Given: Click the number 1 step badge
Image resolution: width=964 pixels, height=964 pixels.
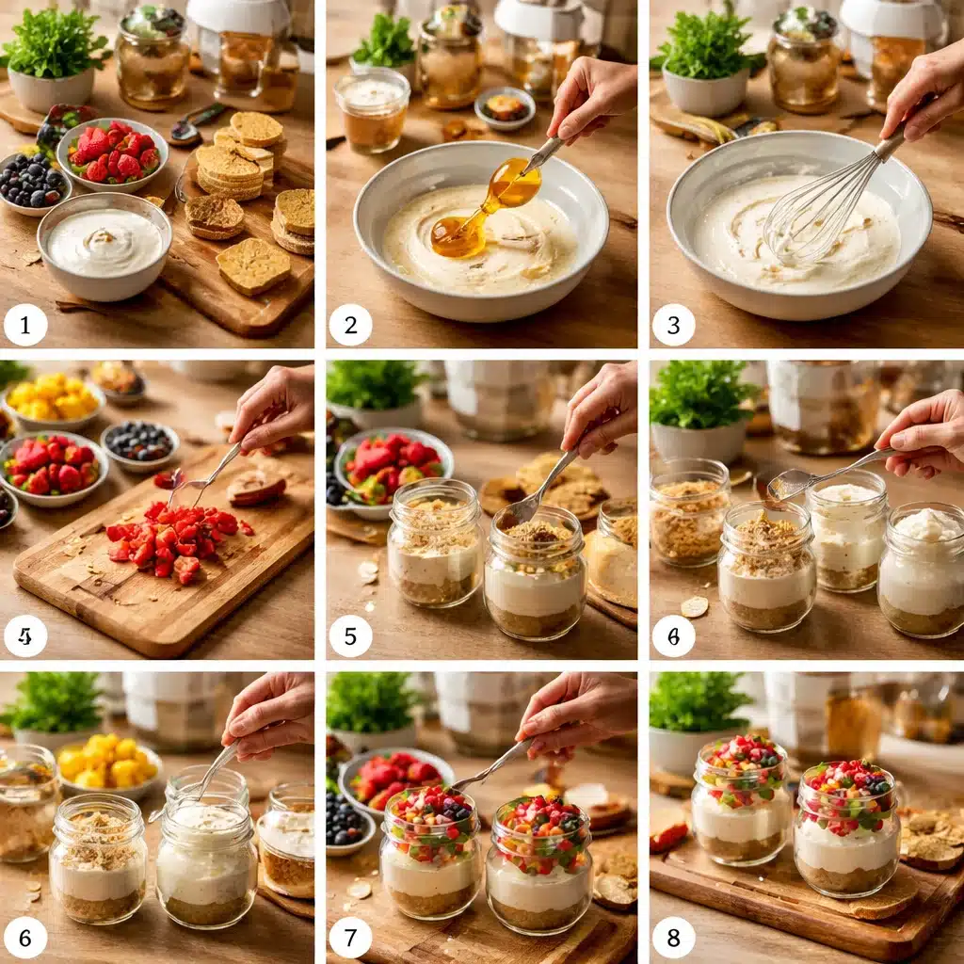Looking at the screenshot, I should point(25,325).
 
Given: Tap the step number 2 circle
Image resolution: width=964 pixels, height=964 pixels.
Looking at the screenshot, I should point(350,325).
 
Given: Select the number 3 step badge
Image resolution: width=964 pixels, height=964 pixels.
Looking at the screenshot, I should point(673,325).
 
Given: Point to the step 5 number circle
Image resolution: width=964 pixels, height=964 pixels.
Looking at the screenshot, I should point(350,635).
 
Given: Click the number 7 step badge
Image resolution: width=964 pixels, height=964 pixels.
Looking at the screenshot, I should point(350,938).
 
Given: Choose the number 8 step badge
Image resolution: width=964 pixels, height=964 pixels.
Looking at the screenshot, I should point(673,938).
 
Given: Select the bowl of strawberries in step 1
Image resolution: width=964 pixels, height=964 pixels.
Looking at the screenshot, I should point(113,153).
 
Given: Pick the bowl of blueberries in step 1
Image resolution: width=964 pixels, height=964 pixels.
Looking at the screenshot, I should point(33,182).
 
